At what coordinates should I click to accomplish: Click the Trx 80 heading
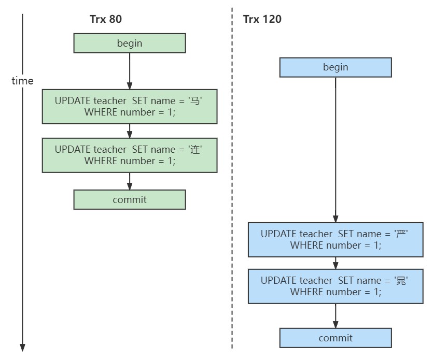pyautogui.click(x=106, y=19)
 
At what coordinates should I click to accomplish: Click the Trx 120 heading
pyautogui.click(x=262, y=19)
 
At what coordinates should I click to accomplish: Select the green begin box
pyautogui.click(x=130, y=43)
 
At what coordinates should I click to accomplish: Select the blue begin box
pyautogui.click(x=335, y=67)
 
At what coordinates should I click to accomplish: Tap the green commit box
pyautogui.click(x=130, y=199)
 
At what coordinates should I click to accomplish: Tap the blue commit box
pyautogui.click(x=335, y=338)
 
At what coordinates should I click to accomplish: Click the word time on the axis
pyautogui.click(x=22, y=81)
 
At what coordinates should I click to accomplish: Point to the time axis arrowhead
pyautogui.click(x=22, y=348)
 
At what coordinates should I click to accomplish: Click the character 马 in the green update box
pyautogui.click(x=195, y=100)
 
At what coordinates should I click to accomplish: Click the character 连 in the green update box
pyautogui.click(x=195, y=150)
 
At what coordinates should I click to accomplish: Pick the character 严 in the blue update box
pyautogui.click(x=401, y=234)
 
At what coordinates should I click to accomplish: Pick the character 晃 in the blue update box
pyautogui.click(x=401, y=281)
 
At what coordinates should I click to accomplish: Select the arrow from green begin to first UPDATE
pyautogui.click(x=130, y=71)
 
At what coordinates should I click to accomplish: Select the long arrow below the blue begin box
pyautogui.click(x=335, y=150)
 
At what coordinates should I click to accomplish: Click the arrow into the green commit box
pyautogui.click(x=130, y=181)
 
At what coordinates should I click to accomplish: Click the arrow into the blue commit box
pyautogui.click(x=335, y=316)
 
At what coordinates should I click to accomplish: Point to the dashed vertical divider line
pyautogui.click(x=232, y=178)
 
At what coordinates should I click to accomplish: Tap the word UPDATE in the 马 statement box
pyautogui.click(x=73, y=100)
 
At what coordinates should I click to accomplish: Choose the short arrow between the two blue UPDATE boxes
pyautogui.click(x=335, y=263)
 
